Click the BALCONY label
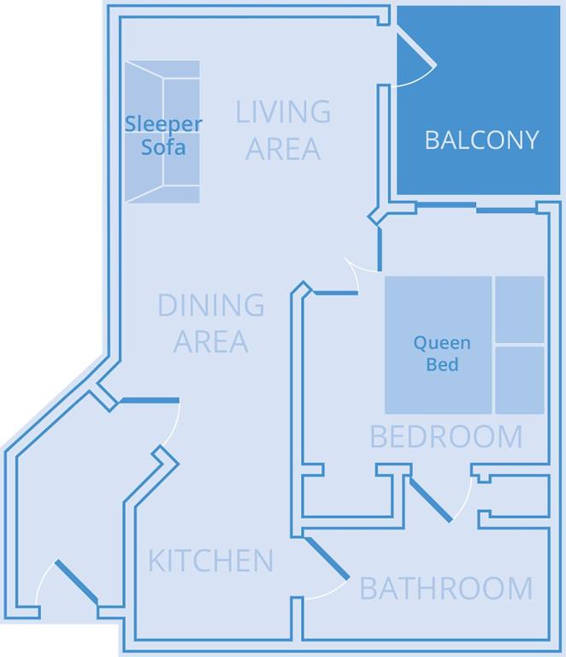(x=481, y=139)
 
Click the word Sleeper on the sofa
(x=163, y=123)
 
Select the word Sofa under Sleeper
(x=163, y=146)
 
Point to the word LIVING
(x=283, y=111)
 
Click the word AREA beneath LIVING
(x=283, y=148)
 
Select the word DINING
(x=210, y=305)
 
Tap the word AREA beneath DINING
(x=210, y=341)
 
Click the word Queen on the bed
(x=441, y=343)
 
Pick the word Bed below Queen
(x=441, y=364)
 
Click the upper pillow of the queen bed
(x=519, y=309)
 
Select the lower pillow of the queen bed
(x=519, y=379)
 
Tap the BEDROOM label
(x=445, y=436)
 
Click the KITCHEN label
(x=210, y=561)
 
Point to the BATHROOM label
(x=445, y=589)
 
